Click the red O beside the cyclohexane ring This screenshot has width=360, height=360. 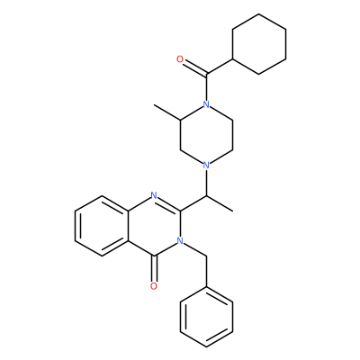pos(180,59)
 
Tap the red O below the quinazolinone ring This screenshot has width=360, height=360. pos(154,286)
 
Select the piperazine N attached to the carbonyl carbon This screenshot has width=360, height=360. pos(206,104)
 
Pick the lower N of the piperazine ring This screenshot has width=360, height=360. pos(206,165)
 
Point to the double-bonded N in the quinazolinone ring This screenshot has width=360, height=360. pos(154,195)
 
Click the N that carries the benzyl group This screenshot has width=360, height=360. pos(180,240)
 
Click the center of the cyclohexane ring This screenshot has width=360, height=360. pos(259,44)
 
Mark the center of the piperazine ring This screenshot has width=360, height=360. pos(206,135)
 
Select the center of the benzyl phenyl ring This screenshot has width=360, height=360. pos(206,317)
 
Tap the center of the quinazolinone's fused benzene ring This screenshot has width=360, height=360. pos(102,226)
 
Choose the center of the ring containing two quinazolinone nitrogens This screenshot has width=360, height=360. pos(154,226)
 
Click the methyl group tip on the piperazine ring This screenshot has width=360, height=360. pos(154,105)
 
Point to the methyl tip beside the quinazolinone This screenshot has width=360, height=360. pos(232,211)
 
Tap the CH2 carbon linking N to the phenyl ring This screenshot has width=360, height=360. pos(206,256)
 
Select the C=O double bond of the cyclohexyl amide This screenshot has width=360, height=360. pos(195,67)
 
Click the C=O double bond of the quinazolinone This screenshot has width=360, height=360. pos(154,269)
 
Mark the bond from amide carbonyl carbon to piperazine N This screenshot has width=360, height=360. pos(206,87)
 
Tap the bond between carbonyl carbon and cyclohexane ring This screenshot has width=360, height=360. pos(220,67)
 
